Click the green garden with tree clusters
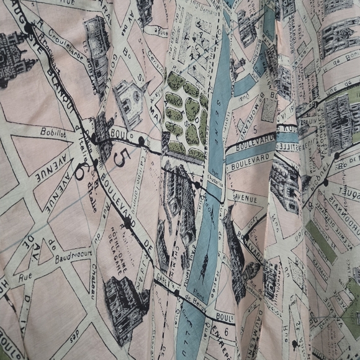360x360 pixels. pos(185,118)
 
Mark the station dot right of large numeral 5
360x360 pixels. pos(142,142)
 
